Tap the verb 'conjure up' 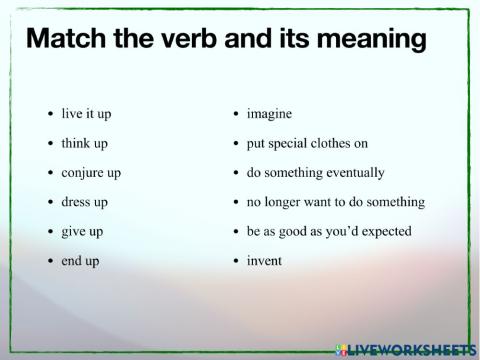pos(90,173)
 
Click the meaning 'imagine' pos(269,114)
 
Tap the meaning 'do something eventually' pos(315,173)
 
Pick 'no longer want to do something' pos(335,202)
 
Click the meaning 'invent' pos(264,261)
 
